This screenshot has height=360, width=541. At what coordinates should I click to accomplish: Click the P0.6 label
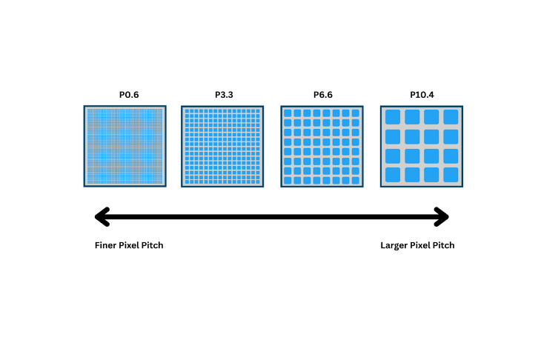[x=125, y=96]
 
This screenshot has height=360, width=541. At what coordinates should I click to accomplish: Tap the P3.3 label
[x=223, y=96]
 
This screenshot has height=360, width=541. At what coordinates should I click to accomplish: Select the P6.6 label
[x=322, y=96]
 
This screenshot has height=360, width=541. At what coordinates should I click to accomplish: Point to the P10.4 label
[x=422, y=96]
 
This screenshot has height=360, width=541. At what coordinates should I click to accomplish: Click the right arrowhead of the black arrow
[x=442, y=217]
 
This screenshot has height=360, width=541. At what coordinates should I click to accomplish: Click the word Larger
[x=394, y=245]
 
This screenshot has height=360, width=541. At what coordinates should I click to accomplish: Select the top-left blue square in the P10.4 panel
[x=393, y=117]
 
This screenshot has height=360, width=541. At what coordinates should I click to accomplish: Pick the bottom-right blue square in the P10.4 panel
[x=451, y=175]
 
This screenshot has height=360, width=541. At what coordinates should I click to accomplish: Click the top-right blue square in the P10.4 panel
[x=451, y=117]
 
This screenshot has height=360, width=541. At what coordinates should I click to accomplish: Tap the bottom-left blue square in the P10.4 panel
[x=393, y=175]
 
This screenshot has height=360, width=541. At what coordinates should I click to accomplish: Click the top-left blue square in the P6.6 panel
[x=288, y=113]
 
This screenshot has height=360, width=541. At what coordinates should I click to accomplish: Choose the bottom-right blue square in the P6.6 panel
[x=356, y=180]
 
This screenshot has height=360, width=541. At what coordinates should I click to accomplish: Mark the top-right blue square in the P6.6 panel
[x=356, y=113]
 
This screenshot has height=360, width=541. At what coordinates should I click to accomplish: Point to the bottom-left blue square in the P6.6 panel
[x=288, y=180]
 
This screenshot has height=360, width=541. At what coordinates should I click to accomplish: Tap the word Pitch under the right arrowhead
[x=443, y=245]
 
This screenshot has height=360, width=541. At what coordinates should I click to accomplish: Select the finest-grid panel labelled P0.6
[x=125, y=146]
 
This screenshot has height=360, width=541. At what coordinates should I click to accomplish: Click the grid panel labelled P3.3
[x=223, y=146]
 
